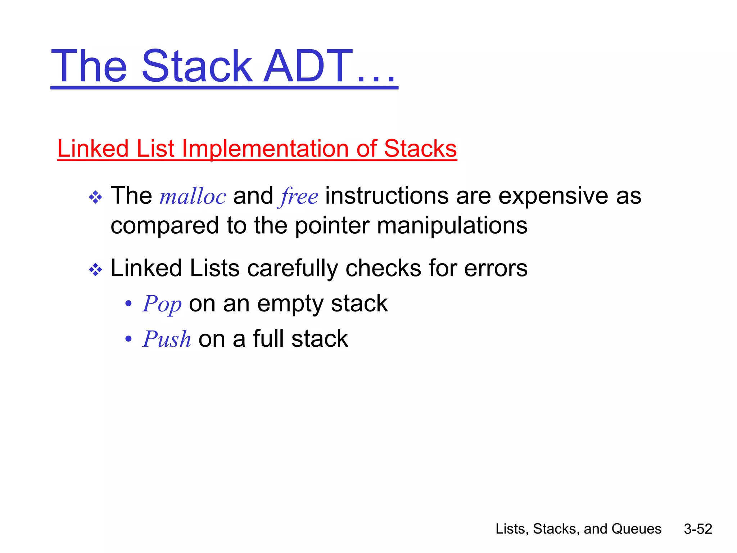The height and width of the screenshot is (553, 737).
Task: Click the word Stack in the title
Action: pos(197,67)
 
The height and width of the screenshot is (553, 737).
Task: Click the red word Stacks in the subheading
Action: pos(420,148)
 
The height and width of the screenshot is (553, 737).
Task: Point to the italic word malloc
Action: pos(193,197)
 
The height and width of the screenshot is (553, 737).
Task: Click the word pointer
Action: pos(332,226)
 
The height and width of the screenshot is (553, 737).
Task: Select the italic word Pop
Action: pos(162,304)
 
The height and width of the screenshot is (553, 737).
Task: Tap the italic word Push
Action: pos(167,339)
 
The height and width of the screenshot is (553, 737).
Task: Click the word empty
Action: pos(290,304)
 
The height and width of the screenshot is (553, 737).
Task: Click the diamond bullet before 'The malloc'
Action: pos(95,197)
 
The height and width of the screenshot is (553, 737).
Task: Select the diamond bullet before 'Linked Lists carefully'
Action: pos(95,269)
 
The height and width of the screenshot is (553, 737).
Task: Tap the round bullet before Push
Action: pos(128,339)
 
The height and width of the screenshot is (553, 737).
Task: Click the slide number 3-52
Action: pos(698,529)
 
